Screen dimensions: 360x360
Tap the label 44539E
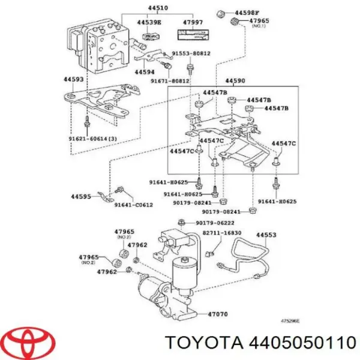click(148, 22)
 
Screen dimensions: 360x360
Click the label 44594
click(145, 72)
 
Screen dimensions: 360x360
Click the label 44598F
click(247, 12)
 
